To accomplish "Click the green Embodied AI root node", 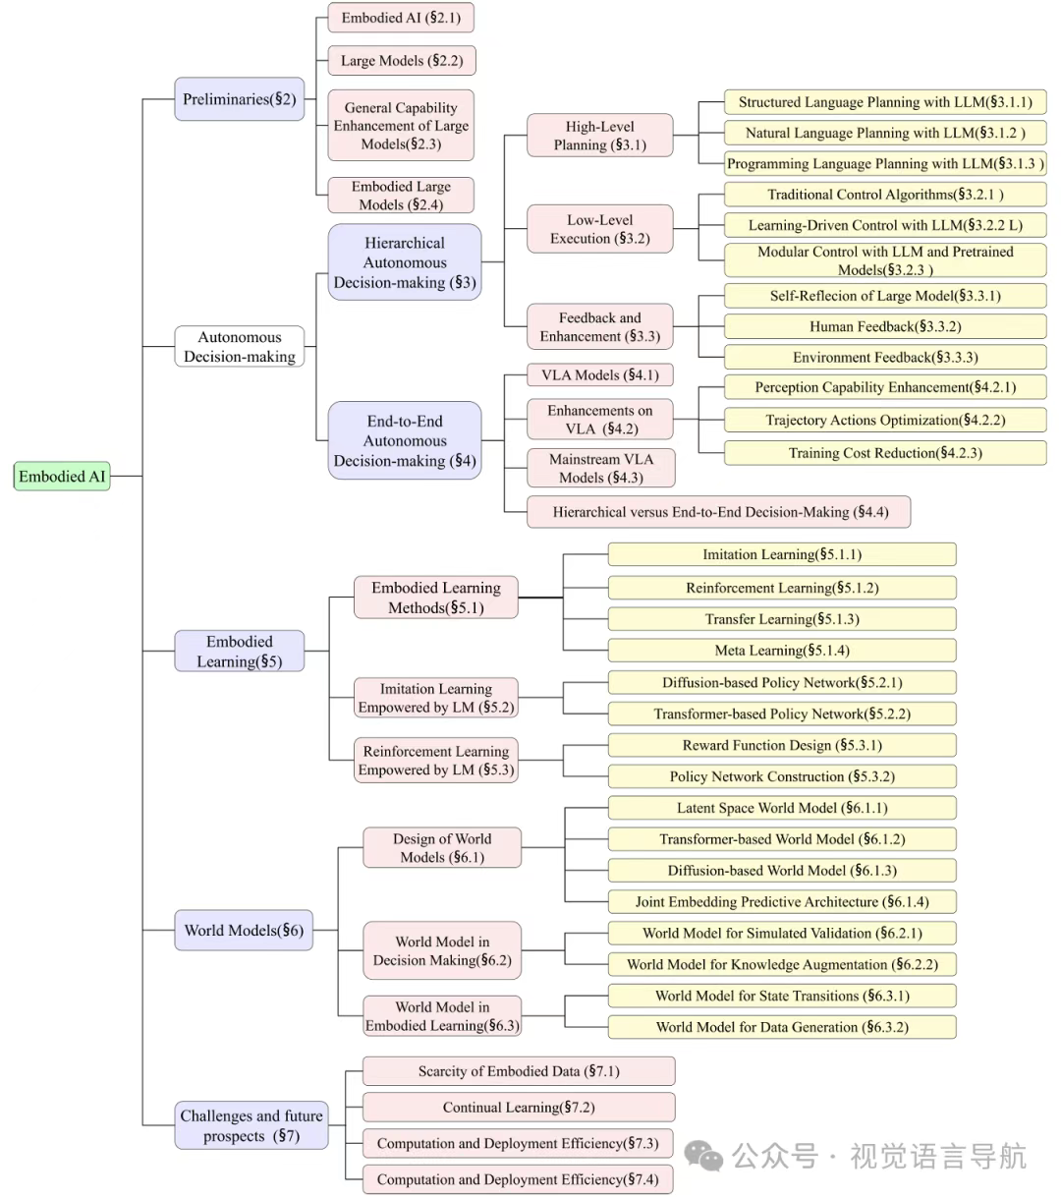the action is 62,476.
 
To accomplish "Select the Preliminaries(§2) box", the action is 239,99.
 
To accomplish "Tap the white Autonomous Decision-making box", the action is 239,346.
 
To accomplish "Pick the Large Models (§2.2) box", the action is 401,60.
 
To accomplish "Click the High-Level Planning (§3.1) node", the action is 599,136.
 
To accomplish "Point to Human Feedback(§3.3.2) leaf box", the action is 885,326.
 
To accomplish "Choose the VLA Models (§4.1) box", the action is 599,374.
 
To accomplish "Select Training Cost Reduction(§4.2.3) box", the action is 885,453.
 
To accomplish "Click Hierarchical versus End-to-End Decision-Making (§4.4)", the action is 718,512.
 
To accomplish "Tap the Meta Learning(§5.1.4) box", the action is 782,651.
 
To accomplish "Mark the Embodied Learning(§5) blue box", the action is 239,651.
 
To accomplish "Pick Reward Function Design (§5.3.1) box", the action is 782,745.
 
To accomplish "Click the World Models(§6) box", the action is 244,930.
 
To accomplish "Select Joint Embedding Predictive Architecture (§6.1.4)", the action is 782,901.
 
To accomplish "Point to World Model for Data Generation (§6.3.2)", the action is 782,1027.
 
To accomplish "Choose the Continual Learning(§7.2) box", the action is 519,1107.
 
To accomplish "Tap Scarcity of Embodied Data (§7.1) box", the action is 519,1071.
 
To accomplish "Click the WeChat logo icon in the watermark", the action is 703,1155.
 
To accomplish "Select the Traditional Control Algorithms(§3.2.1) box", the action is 885,195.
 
